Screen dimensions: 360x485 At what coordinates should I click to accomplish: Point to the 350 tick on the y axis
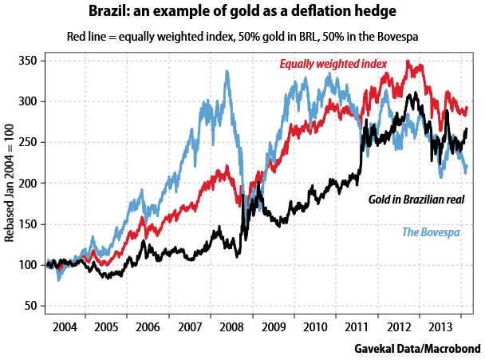point(30,61)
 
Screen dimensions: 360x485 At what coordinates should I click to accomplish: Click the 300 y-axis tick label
point(30,101)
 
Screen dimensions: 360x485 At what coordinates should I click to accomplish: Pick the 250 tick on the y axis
point(30,142)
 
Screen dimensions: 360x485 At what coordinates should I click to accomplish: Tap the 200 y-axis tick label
point(30,184)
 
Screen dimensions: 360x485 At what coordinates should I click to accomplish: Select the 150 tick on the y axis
point(30,224)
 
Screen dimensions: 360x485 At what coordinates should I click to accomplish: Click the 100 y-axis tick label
point(30,265)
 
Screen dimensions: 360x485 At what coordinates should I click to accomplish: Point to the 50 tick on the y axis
point(33,306)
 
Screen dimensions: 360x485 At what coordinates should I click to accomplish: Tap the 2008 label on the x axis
point(232,328)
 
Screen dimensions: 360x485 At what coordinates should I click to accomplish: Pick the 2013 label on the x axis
point(437,328)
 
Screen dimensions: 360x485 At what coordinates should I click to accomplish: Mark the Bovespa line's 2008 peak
point(227,72)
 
